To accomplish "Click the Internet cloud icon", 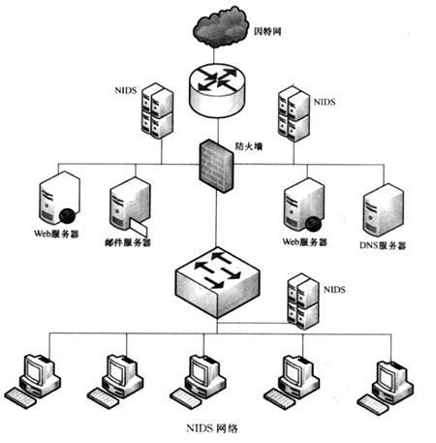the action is point(220,27).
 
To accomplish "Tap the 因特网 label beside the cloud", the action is point(267,31).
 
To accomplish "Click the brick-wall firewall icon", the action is point(216,166).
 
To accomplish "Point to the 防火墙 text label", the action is point(249,146).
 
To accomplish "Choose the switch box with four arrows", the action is point(217,282).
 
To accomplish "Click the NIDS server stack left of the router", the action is point(157,111).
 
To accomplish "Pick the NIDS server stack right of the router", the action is point(294,113).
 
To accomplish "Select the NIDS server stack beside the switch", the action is point(303,301).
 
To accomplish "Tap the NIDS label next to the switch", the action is point(334,289).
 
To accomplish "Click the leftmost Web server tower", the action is point(59,198).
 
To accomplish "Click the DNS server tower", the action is point(384,209).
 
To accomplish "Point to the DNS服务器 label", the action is point(383,245).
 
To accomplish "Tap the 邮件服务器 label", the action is point(128,242).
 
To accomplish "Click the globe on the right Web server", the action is point(313,224).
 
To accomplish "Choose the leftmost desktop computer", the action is point(32,380).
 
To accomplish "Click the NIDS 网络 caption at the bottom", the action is point(212,428).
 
